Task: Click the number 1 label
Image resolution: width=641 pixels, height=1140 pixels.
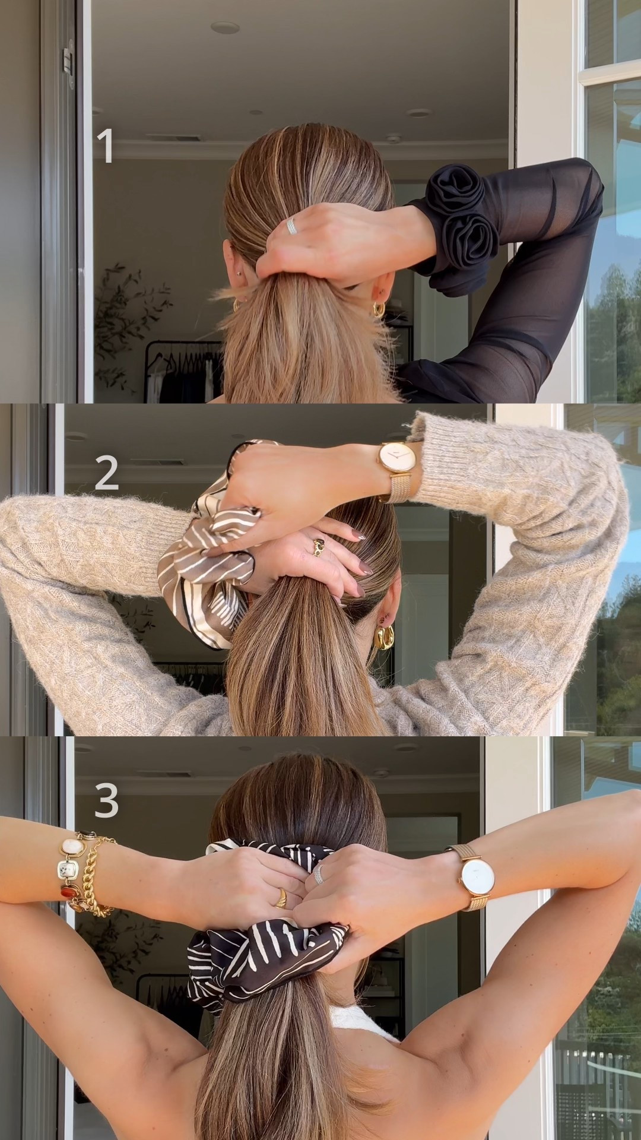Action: [106, 146]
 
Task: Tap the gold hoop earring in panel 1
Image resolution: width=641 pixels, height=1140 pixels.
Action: [377, 309]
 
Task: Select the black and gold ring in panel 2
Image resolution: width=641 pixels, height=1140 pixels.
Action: [319, 543]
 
